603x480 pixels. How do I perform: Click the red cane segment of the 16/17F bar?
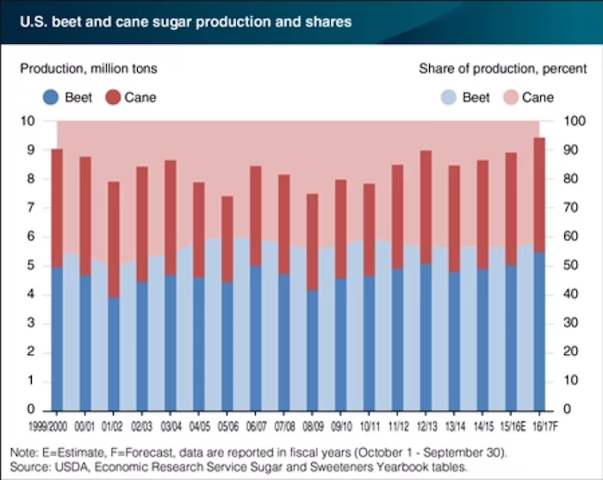(540, 194)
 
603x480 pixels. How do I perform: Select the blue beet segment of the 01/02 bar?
(113, 353)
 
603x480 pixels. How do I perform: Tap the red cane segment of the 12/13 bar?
(426, 206)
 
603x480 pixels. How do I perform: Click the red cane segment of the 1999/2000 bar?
(56, 207)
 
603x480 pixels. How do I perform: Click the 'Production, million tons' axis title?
(90, 68)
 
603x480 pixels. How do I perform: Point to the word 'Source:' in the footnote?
(29, 465)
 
